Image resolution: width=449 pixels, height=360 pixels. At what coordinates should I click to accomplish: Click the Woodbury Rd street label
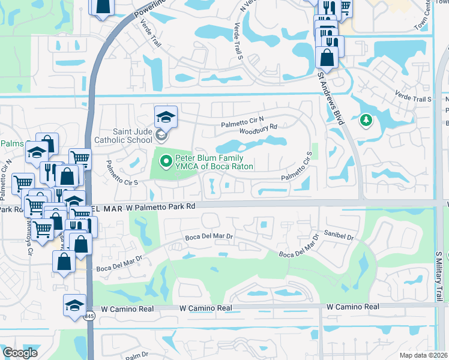(x=258, y=127)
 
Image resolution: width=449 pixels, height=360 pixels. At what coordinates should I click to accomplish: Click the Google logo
(x=20, y=353)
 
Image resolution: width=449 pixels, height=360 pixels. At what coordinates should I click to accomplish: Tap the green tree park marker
(x=366, y=121)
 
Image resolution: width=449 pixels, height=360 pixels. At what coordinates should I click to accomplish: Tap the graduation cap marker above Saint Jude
(x=166, y=116)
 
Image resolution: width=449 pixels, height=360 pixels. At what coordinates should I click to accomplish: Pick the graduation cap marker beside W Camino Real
(x=74, y=304)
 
